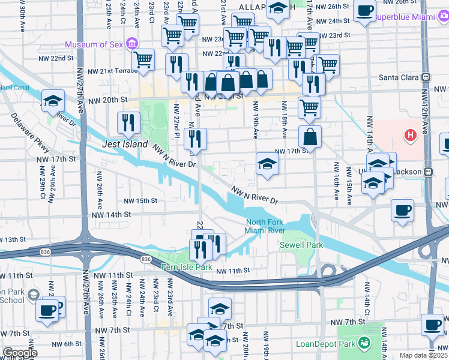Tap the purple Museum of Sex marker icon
pos(133,44)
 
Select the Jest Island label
pos(125,145)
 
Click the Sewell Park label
pos(301,245)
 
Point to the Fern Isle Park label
pos(187,266)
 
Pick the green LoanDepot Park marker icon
pos(363,343)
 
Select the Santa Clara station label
pos(399,77)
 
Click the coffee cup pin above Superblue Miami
pos(364,10)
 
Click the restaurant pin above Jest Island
pos(129,122)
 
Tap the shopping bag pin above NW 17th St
pos(309,137)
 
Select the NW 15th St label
pos(140,201)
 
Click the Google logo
pos(20,353)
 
